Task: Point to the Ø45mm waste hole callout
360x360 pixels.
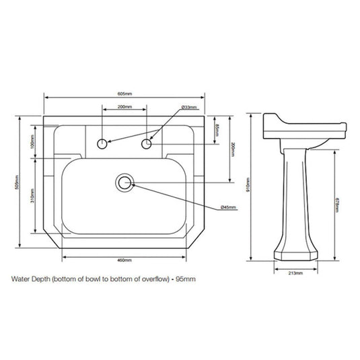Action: click(x=228, y=208)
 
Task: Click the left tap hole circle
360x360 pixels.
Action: click(x=102, y=143)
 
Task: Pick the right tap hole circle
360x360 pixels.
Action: click(x=148, y=143)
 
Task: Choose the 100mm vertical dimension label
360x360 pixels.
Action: click(x=32, y=139)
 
